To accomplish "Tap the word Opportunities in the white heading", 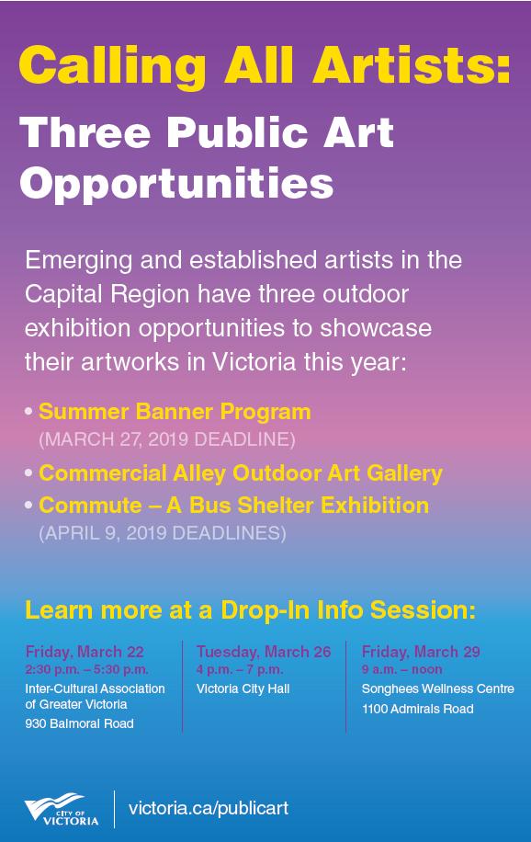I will pyautogui.click(x=176, y=183).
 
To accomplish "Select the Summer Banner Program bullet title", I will pyautogui.click(x=175, y=411).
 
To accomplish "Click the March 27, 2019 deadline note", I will pyautogui.click(x=166, y=439).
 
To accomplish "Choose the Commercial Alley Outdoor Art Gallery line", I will pyautogui.click(x=241, y=473).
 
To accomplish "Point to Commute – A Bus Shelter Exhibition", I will pyautogui.click(x=233, y=505).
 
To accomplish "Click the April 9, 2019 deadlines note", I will pyautogui.click(x=162, y=533).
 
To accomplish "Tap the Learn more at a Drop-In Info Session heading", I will pyautogui.click(x=250, y=610).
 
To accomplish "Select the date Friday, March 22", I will pyautogui.click(x=85, y=653).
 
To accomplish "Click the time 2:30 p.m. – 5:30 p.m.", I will pyautogui.click(x=86, y=669).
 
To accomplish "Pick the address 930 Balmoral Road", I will pyautogui.click(x=79, y=723).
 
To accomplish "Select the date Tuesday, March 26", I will pyautogui.click(x=264, y=653).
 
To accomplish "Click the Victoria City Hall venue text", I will pyautogui.click(x=243, y=688).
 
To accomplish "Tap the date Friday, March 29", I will pyautogui.click(x=421, y=653).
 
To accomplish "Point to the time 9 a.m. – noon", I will pyautogui.click(x=401, y=669).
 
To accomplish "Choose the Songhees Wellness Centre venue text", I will pyautogui.click(x=437, y=688).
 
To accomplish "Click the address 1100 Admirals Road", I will pyautogui.click(x=417, y=709).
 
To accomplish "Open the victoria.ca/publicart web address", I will pyautogui.click(x=209, y=809).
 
